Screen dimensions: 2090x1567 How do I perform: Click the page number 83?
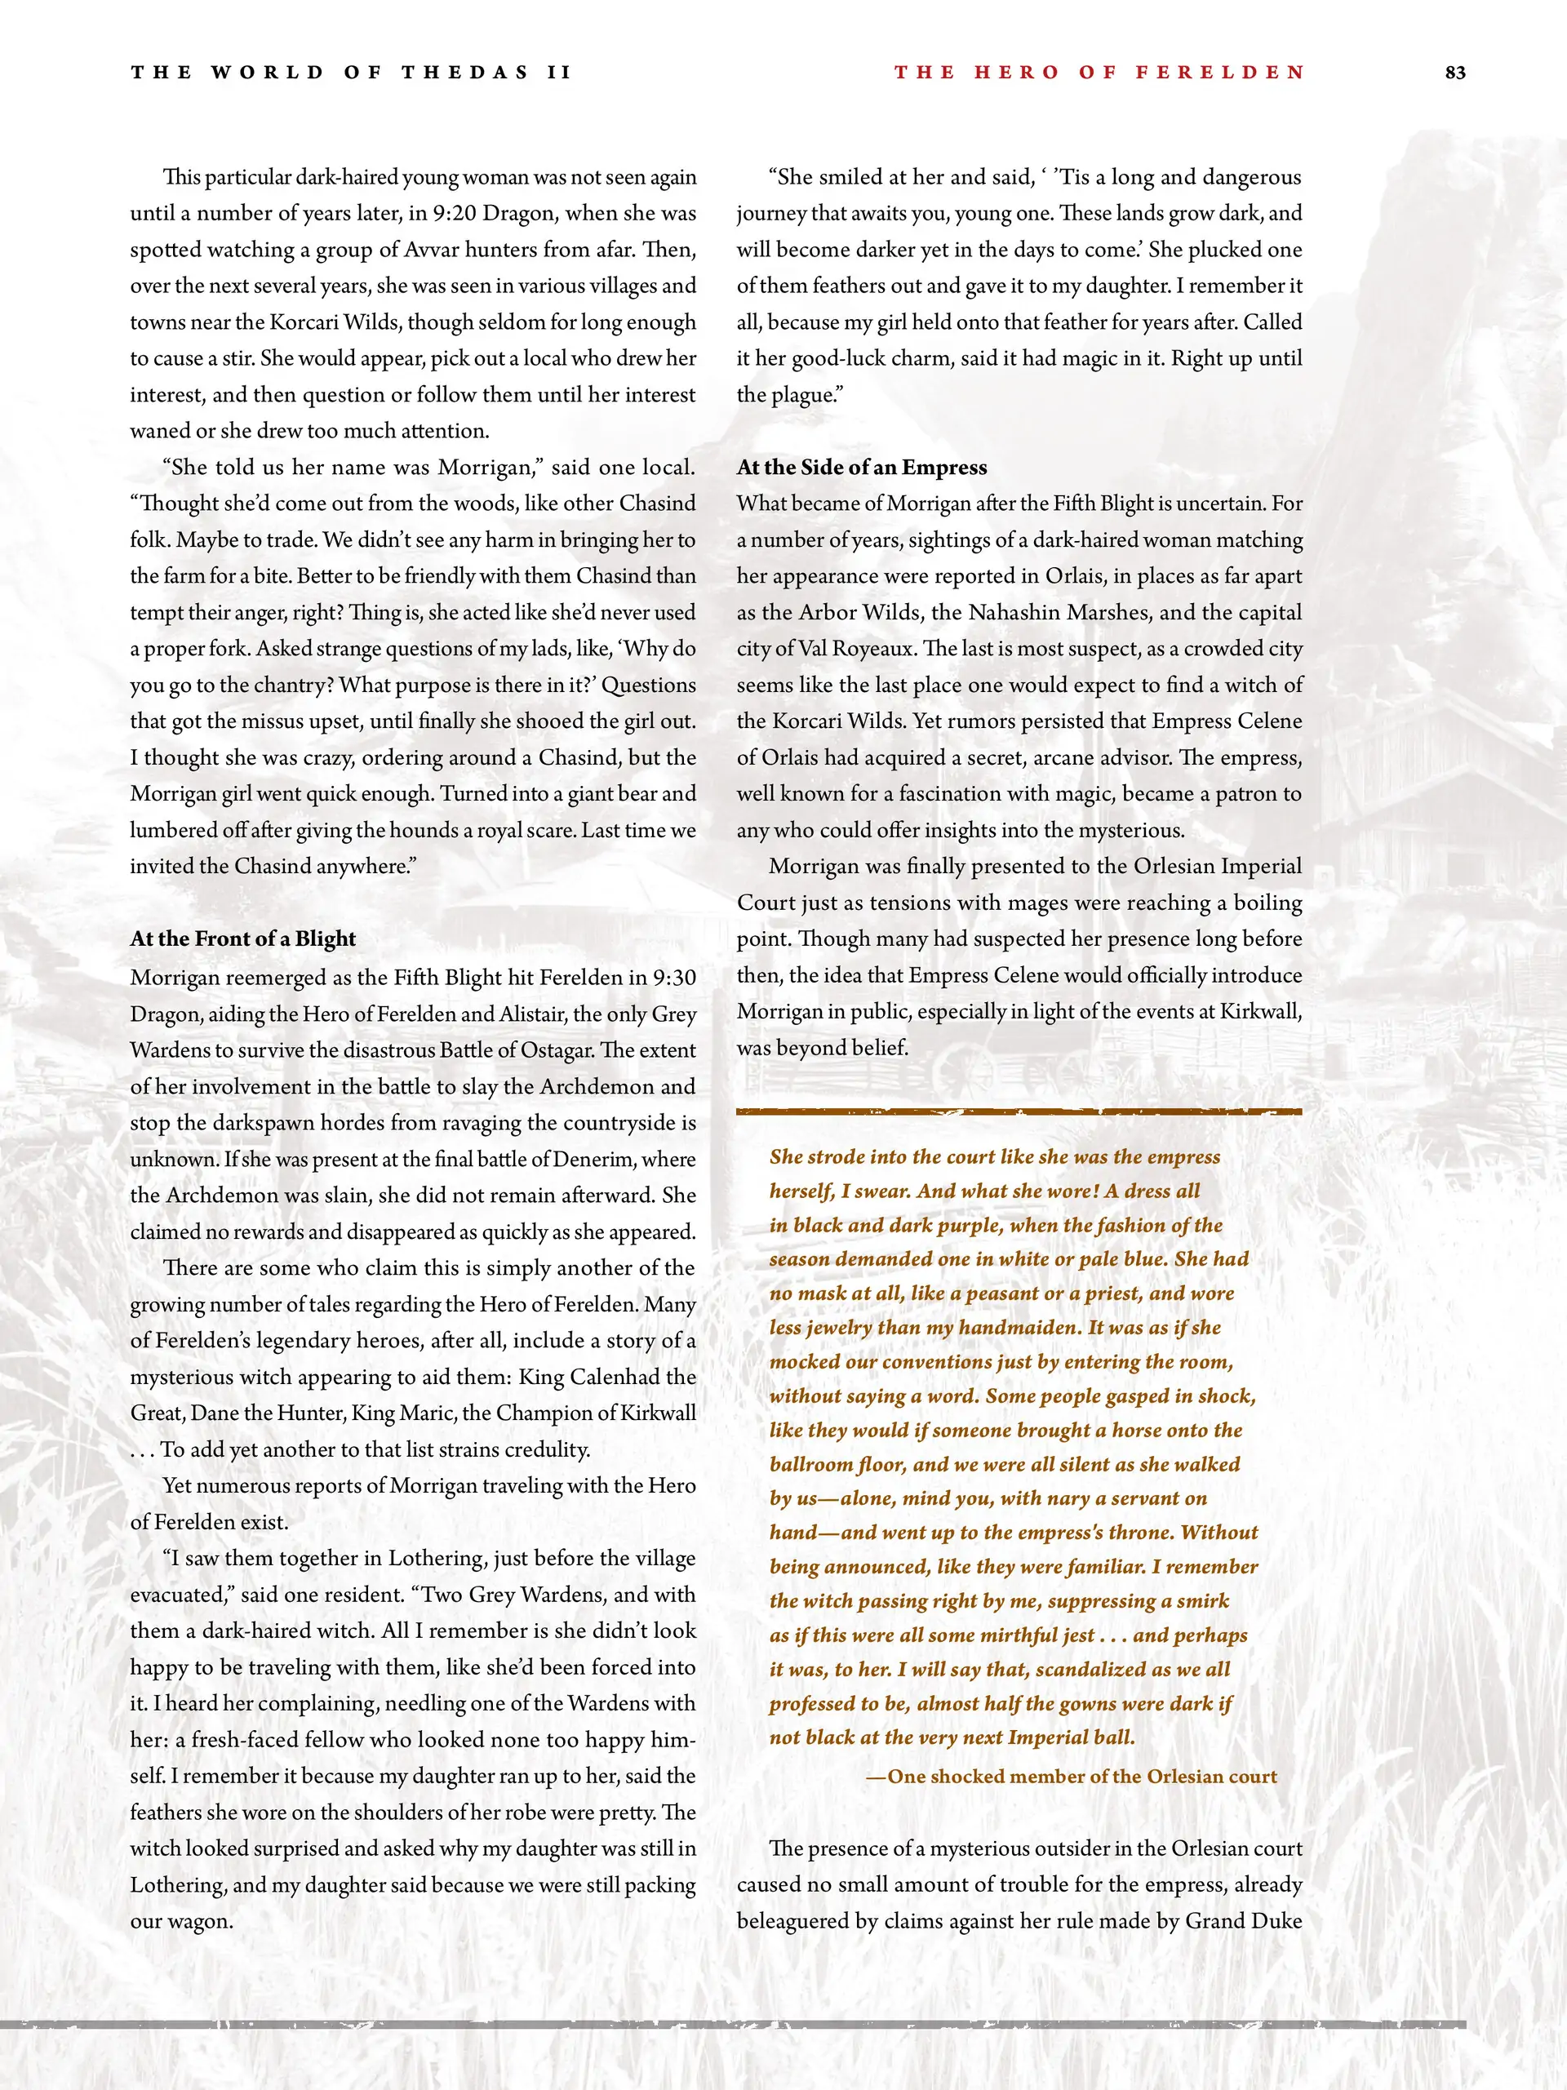(x=1455, y=73)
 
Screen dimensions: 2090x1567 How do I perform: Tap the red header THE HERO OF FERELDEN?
(x=1099, y=73)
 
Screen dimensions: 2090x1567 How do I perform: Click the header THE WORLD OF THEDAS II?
(x=352, y=73)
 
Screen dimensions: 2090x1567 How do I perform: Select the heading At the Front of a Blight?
(x=243, y=939)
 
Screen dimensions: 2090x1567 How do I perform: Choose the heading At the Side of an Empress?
(x=861, y=467)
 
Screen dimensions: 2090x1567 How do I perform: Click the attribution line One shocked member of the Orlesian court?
(x=1072, y=1777)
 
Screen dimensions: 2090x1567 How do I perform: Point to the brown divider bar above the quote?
(x=1019, y=1112)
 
